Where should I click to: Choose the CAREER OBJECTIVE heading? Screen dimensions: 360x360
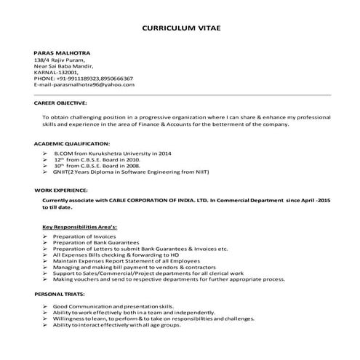pyautogui.click(x=61, y=103)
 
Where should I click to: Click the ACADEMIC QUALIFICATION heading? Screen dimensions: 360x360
pyautogui.click(x=72, y=144)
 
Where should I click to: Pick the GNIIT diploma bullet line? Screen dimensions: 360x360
pyautogui.click(x=131, y=173)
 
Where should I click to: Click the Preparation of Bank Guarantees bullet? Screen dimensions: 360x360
pyautogui.click(x=98, y=244)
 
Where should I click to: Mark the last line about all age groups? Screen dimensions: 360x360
pyautogui.click(x=116, y=324)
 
